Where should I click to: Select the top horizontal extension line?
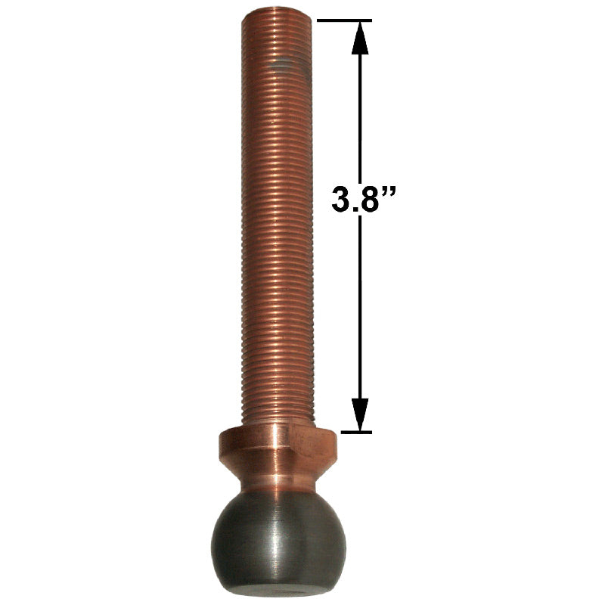[344, 20]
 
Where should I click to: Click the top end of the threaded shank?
[274, 13]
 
